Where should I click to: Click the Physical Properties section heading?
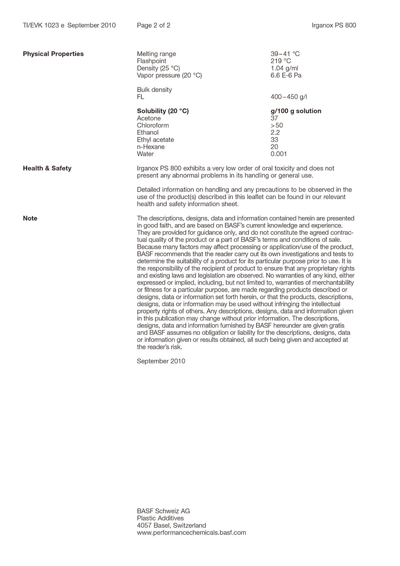(x=53, y=54)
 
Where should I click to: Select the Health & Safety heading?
(x=47, y=168)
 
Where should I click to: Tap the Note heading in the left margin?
(x=30, y=218)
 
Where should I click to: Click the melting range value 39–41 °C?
(x=285, y=54)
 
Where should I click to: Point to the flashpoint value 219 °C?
(x=280, y=61)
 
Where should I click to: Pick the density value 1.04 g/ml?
(x=284, y=68)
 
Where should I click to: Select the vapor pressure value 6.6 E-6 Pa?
(x=286, y=75)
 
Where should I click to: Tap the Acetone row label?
(x=149, y=118)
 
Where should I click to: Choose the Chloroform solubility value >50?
(x=276, y=125)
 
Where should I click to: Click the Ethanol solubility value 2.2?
(x=275, y=132)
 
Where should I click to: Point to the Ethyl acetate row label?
(x=155, y=140)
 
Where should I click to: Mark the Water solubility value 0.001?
(x=279, y=154)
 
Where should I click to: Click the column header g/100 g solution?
(x=296, y=111)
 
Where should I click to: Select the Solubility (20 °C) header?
(x=163, y=111)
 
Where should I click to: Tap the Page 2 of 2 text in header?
(x=153, y=25)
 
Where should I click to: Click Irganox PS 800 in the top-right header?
(x=334, y=25)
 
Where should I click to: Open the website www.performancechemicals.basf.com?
(x=191, y=533)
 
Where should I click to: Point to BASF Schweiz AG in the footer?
(x=163, y=511)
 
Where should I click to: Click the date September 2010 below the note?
(x=161, y=361)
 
